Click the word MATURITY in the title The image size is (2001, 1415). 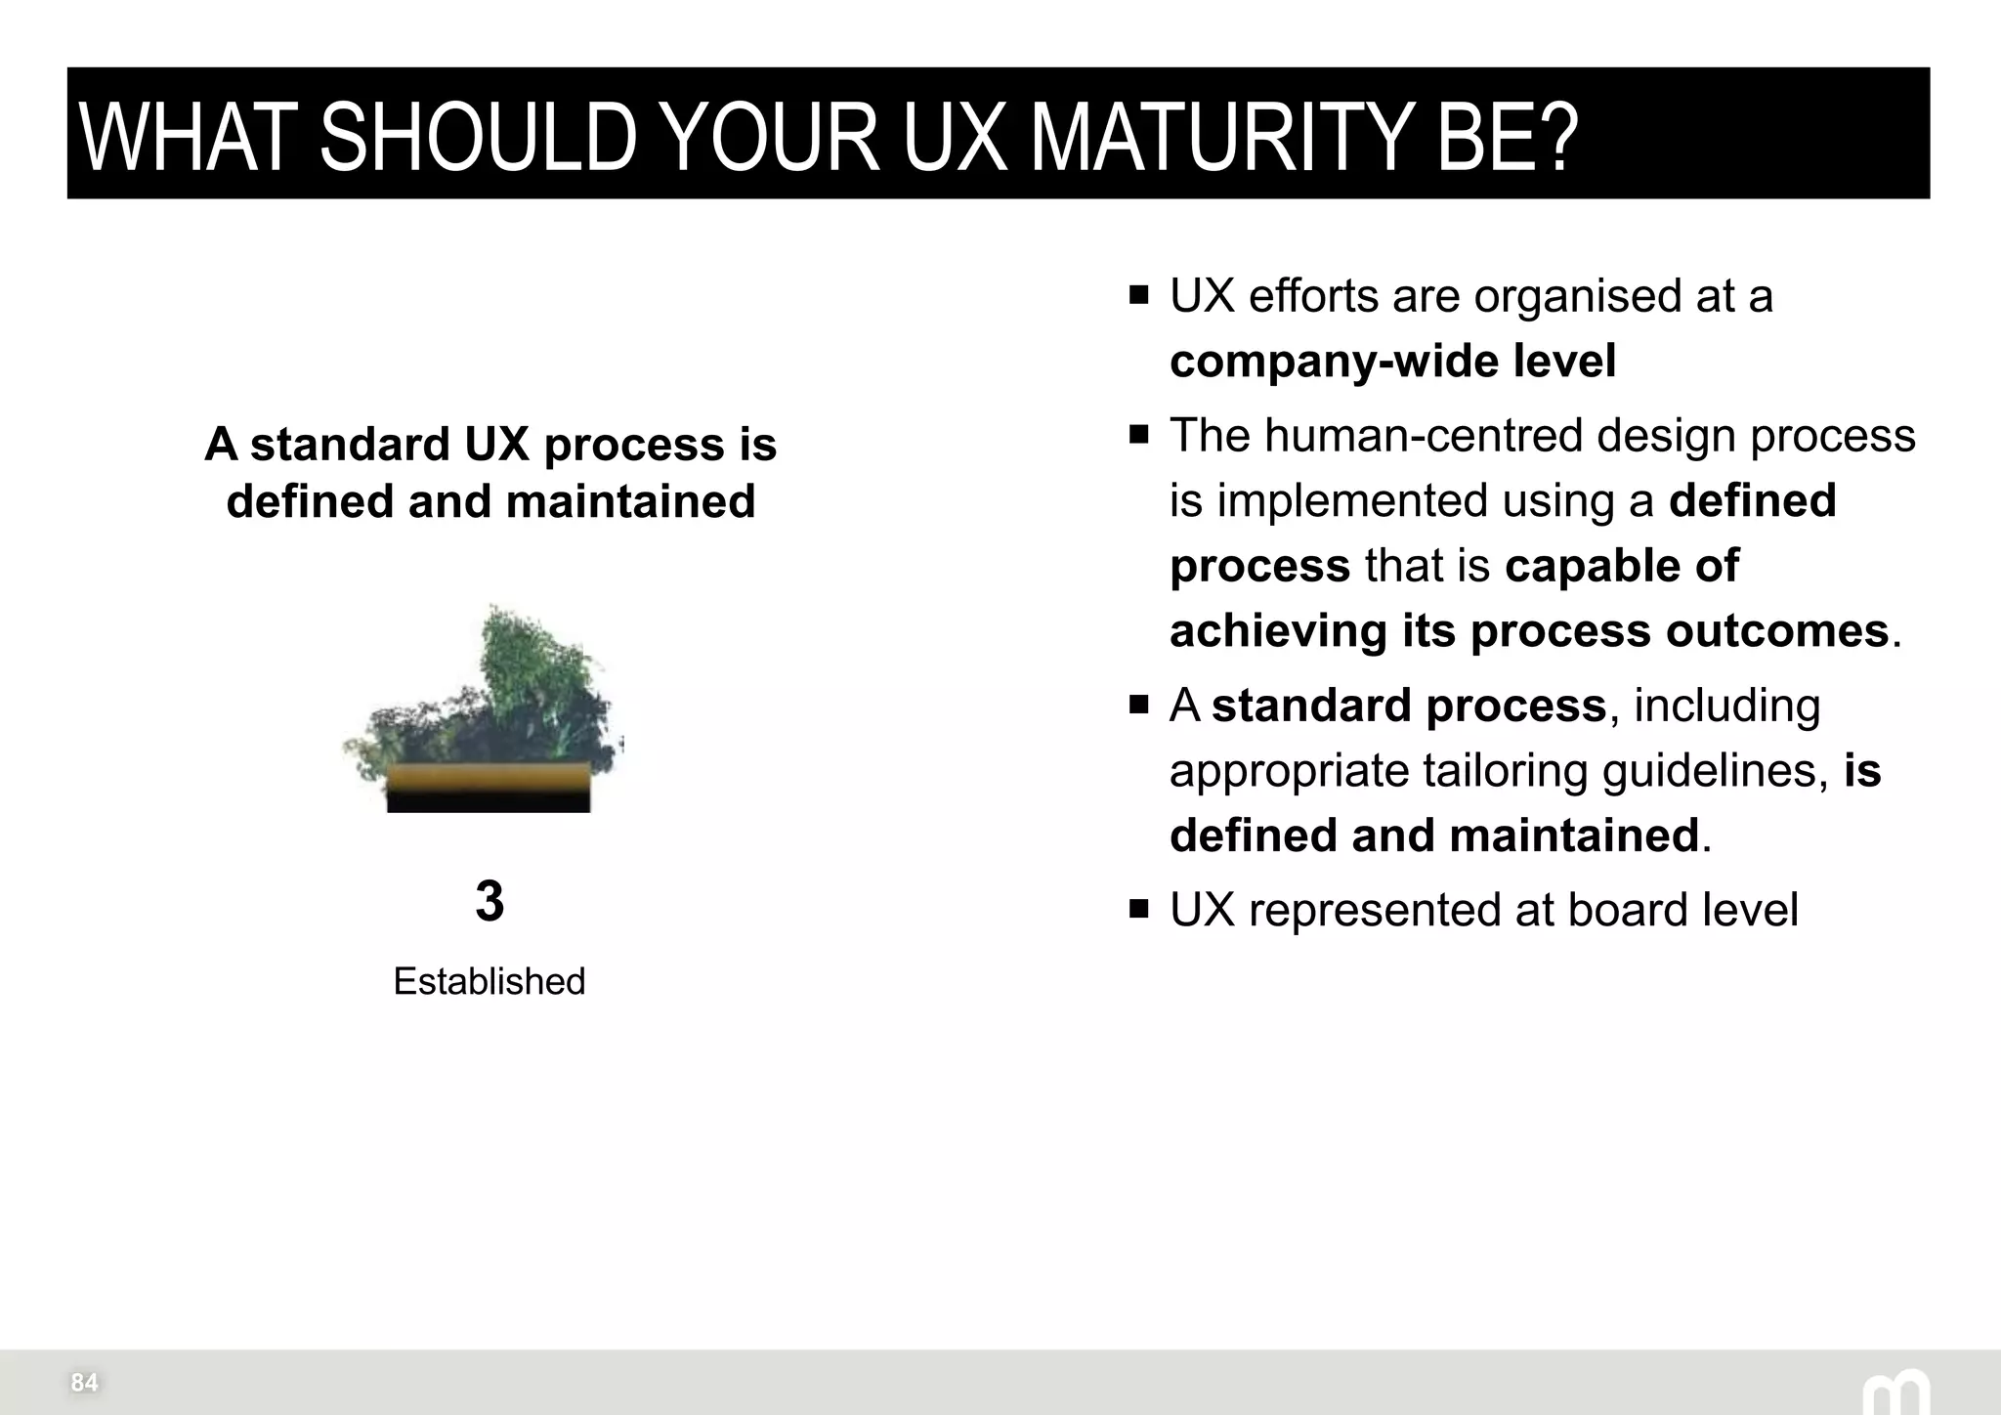[1221, 138]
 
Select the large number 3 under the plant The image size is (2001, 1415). [490, 901]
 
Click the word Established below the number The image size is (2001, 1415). [489, 981]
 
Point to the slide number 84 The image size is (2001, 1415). [84, 1382]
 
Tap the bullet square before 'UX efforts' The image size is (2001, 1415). [1138, 295]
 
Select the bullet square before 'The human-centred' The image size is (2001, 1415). [1138, 434]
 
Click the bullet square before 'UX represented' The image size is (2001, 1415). [1138, 909]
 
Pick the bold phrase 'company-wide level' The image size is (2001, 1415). [1392, 361]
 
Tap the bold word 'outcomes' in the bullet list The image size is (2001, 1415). [1776, 630]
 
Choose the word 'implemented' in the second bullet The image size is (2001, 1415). [1351, 500]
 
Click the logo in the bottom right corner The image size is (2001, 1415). [1895, 1392]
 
